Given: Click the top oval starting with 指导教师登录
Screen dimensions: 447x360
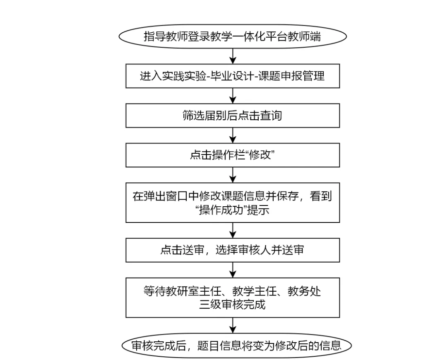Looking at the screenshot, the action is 233,36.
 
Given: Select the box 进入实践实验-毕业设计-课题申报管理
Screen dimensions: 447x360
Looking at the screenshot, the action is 233,76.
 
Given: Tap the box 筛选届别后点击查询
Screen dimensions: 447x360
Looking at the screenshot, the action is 233,116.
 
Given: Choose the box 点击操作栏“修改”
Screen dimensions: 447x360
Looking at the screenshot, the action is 233,155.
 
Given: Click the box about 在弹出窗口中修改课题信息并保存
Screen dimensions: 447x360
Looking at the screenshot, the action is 233,203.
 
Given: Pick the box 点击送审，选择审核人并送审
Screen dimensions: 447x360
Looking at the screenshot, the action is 233,250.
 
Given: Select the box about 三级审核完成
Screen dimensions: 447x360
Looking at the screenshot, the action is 233,298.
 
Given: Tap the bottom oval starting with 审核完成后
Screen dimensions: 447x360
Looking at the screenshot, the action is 237,346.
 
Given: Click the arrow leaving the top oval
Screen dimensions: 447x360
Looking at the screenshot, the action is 233,56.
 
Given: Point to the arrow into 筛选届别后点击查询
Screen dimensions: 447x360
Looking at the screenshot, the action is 233,96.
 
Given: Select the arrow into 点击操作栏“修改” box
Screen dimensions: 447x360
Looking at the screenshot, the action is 233,135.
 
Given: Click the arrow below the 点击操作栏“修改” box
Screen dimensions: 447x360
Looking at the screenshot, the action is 233,175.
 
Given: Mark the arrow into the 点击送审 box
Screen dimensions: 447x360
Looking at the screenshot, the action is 233,230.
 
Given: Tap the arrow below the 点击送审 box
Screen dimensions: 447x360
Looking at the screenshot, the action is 233,270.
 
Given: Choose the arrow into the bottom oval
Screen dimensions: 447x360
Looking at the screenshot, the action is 233,326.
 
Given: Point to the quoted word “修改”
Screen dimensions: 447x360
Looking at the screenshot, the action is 260,155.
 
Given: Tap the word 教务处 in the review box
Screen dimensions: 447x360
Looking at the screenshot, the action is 304,291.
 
